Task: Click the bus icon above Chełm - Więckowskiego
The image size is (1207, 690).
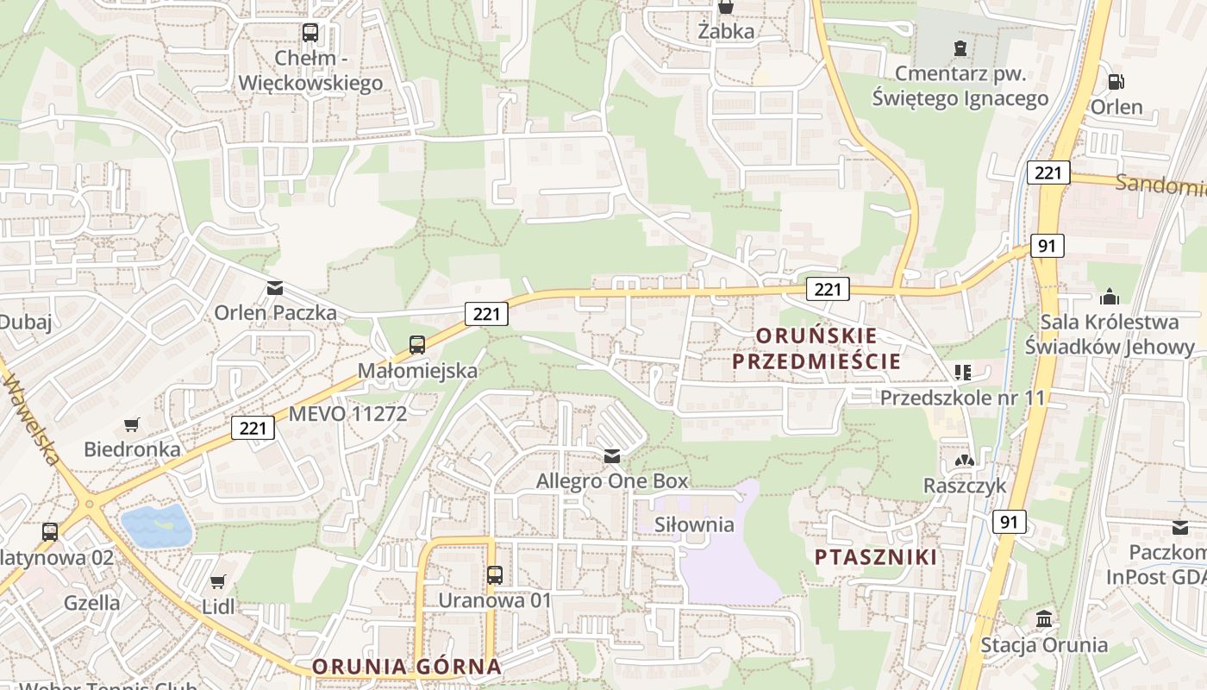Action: click(310, 34)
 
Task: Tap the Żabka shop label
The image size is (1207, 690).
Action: click(726, 32)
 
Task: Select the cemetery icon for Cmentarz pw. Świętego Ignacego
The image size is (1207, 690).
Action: click(960, 47)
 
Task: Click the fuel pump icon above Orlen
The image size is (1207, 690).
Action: click(1116, 82)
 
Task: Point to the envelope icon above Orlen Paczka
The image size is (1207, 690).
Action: click(275, 288)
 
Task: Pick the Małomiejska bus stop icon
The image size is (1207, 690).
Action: click(417, 345)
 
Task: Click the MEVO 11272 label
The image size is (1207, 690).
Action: click(347, 413)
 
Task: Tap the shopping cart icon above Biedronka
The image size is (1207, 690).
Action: click(131, 424)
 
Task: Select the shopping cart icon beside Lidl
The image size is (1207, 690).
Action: click(218, 582)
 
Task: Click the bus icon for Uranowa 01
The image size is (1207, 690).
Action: click(494, 575)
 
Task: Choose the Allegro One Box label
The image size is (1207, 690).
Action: click(612, 480)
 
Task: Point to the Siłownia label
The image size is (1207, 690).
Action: click(694, 524)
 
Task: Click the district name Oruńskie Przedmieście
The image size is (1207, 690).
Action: click(816, 348)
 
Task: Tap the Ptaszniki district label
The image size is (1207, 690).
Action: click(876, 557)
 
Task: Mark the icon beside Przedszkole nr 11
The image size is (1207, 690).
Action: click(963, 373)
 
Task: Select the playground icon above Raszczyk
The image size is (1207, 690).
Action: click(964, 461)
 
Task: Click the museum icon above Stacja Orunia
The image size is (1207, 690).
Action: click(1044, 619)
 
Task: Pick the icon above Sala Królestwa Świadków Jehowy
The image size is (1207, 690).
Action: click(1110, 297)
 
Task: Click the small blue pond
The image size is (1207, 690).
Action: click(156, 524)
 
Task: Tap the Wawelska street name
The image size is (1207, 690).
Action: click(30, 411)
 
